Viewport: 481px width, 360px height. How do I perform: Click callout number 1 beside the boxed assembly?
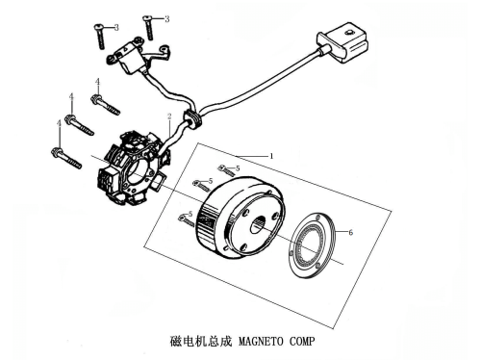(x=271, y=156)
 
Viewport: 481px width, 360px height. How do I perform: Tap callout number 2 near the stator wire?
(x=169, y=116)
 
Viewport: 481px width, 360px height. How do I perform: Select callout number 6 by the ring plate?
(x=350, y=232)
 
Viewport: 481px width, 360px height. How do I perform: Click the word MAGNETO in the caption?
(x=261, y=341)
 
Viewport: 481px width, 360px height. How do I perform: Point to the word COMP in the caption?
(x=302, y=341)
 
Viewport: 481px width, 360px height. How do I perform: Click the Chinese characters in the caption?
(x=201, y=341)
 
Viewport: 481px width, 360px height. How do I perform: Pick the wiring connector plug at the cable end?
(x=342, y=42)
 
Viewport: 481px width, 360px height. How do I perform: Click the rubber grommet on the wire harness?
(x=192, y=118)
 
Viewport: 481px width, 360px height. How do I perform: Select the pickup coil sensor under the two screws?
(x=128, y=60)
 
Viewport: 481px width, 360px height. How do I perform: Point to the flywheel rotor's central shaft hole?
(x=258, y=225)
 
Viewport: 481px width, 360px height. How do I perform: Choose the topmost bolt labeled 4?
(x=105, y=104)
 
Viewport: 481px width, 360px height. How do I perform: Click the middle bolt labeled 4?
(x=79, y=125)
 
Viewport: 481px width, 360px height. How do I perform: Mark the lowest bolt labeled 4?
(x=66, y=158)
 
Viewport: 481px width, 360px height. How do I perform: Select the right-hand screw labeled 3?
(x=149, y=28)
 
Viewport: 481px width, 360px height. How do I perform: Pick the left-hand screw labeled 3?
(x=100, y=37)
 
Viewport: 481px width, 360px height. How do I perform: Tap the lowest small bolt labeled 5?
(x=186, y=220)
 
